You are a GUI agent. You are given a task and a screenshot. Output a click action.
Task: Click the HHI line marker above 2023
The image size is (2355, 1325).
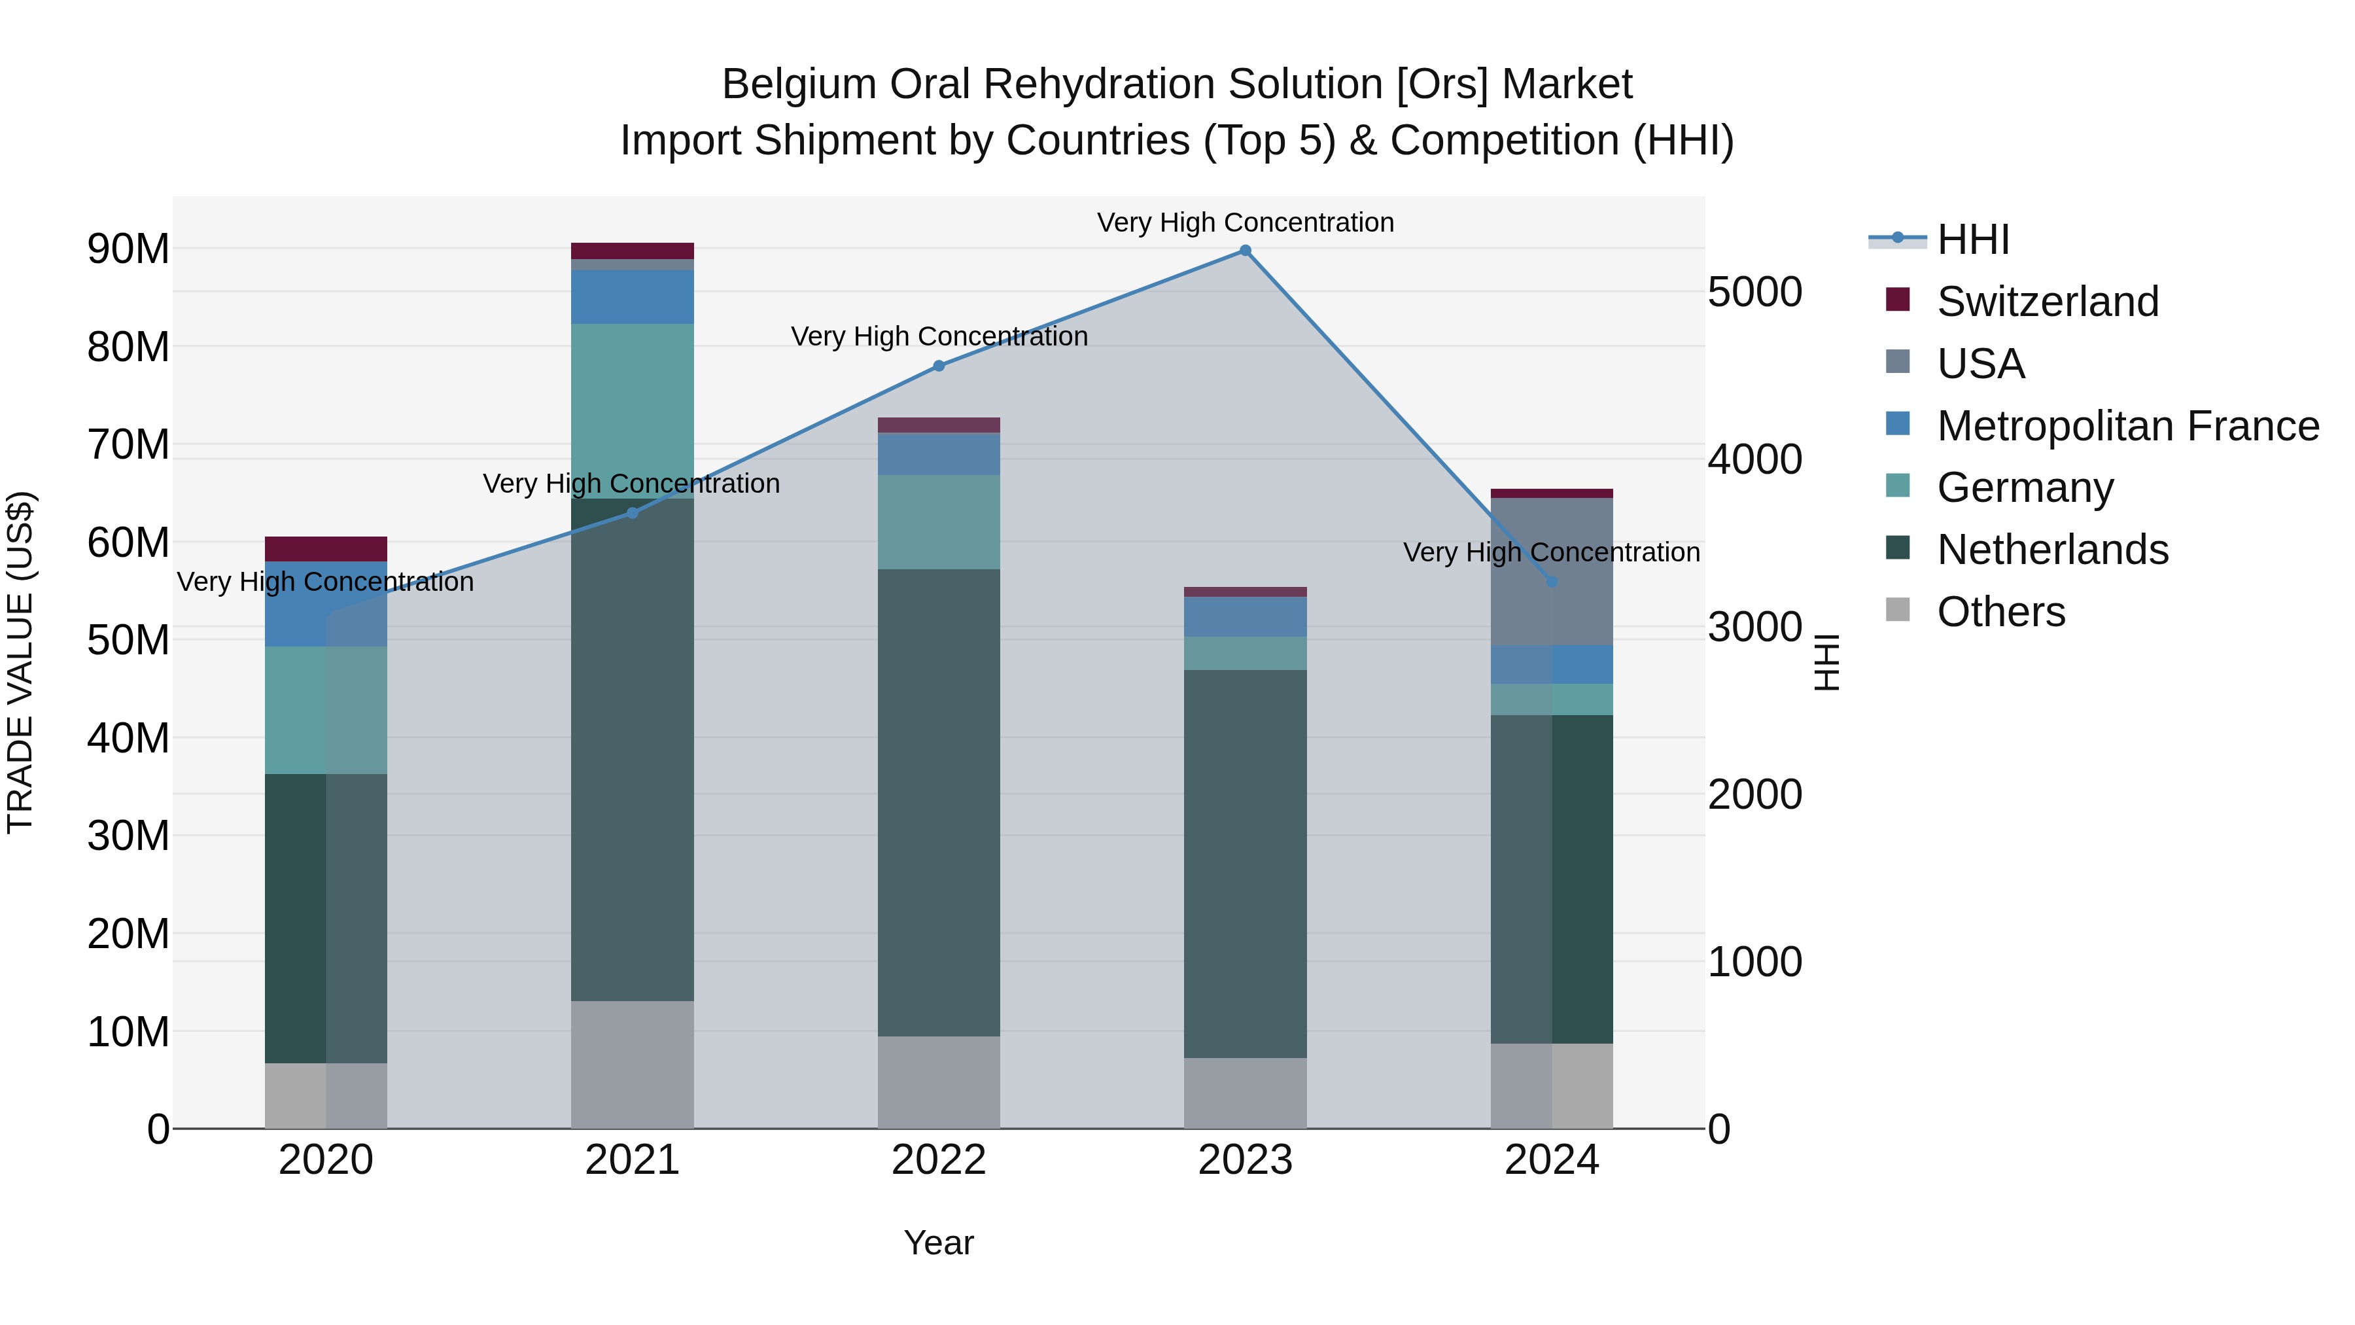[x=1245, y=251]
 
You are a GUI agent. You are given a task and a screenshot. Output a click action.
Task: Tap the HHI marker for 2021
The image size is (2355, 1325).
[x=632, y=513]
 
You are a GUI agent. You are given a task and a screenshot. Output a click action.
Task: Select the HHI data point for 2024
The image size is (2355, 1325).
[x=1552, y=582]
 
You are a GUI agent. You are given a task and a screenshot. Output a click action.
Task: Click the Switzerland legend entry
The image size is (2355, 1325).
[x=2047, y=302]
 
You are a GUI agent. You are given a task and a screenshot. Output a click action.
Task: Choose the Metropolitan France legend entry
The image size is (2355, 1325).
[x=2127, y=426]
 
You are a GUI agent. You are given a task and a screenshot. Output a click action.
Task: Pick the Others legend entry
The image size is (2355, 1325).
[x=2000, y=612]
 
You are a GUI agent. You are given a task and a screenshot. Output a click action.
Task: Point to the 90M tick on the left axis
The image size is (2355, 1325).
[x=128, y=249]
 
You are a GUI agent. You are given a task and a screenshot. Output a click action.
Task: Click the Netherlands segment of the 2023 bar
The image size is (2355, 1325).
[x=1245, y=864]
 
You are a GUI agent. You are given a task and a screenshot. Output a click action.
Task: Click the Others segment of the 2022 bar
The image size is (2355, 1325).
[x=938, y=1083]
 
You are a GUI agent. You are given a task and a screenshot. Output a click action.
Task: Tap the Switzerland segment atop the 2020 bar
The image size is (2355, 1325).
[x=326, y=549]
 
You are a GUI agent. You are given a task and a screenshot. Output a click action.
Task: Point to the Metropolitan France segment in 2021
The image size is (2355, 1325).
[x=632, y=297]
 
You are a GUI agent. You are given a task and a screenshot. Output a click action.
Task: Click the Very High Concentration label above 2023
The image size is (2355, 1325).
[x=1245, y=222]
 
